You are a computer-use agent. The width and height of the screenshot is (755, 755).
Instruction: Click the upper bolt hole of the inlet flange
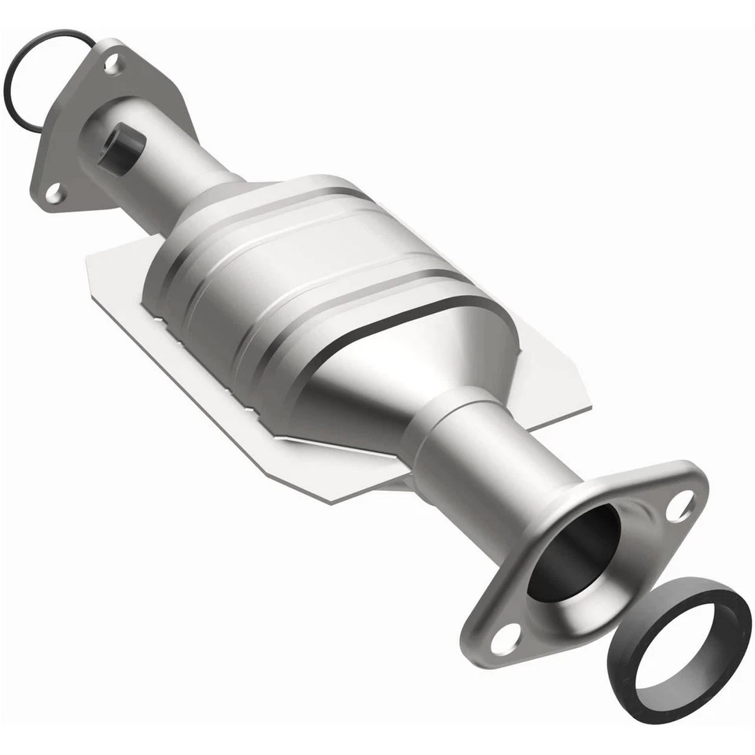[112, 61]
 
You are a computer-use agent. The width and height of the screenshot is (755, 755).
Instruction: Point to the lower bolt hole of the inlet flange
[53, 191]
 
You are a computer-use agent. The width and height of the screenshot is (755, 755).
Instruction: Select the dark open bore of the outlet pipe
[574, 551]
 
